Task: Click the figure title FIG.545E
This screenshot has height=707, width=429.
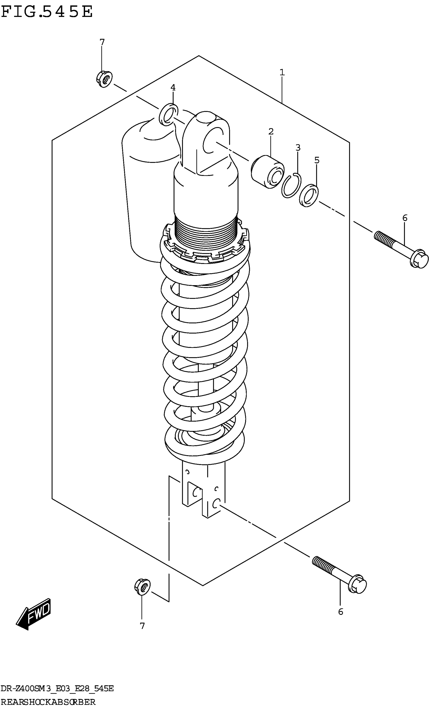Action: [x=47, y=12]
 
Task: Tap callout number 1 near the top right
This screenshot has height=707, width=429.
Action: [x=282, y=72]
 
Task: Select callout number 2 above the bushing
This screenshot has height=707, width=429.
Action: [x=271, y=132]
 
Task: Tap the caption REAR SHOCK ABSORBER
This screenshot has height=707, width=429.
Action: [x=48, y=702]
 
